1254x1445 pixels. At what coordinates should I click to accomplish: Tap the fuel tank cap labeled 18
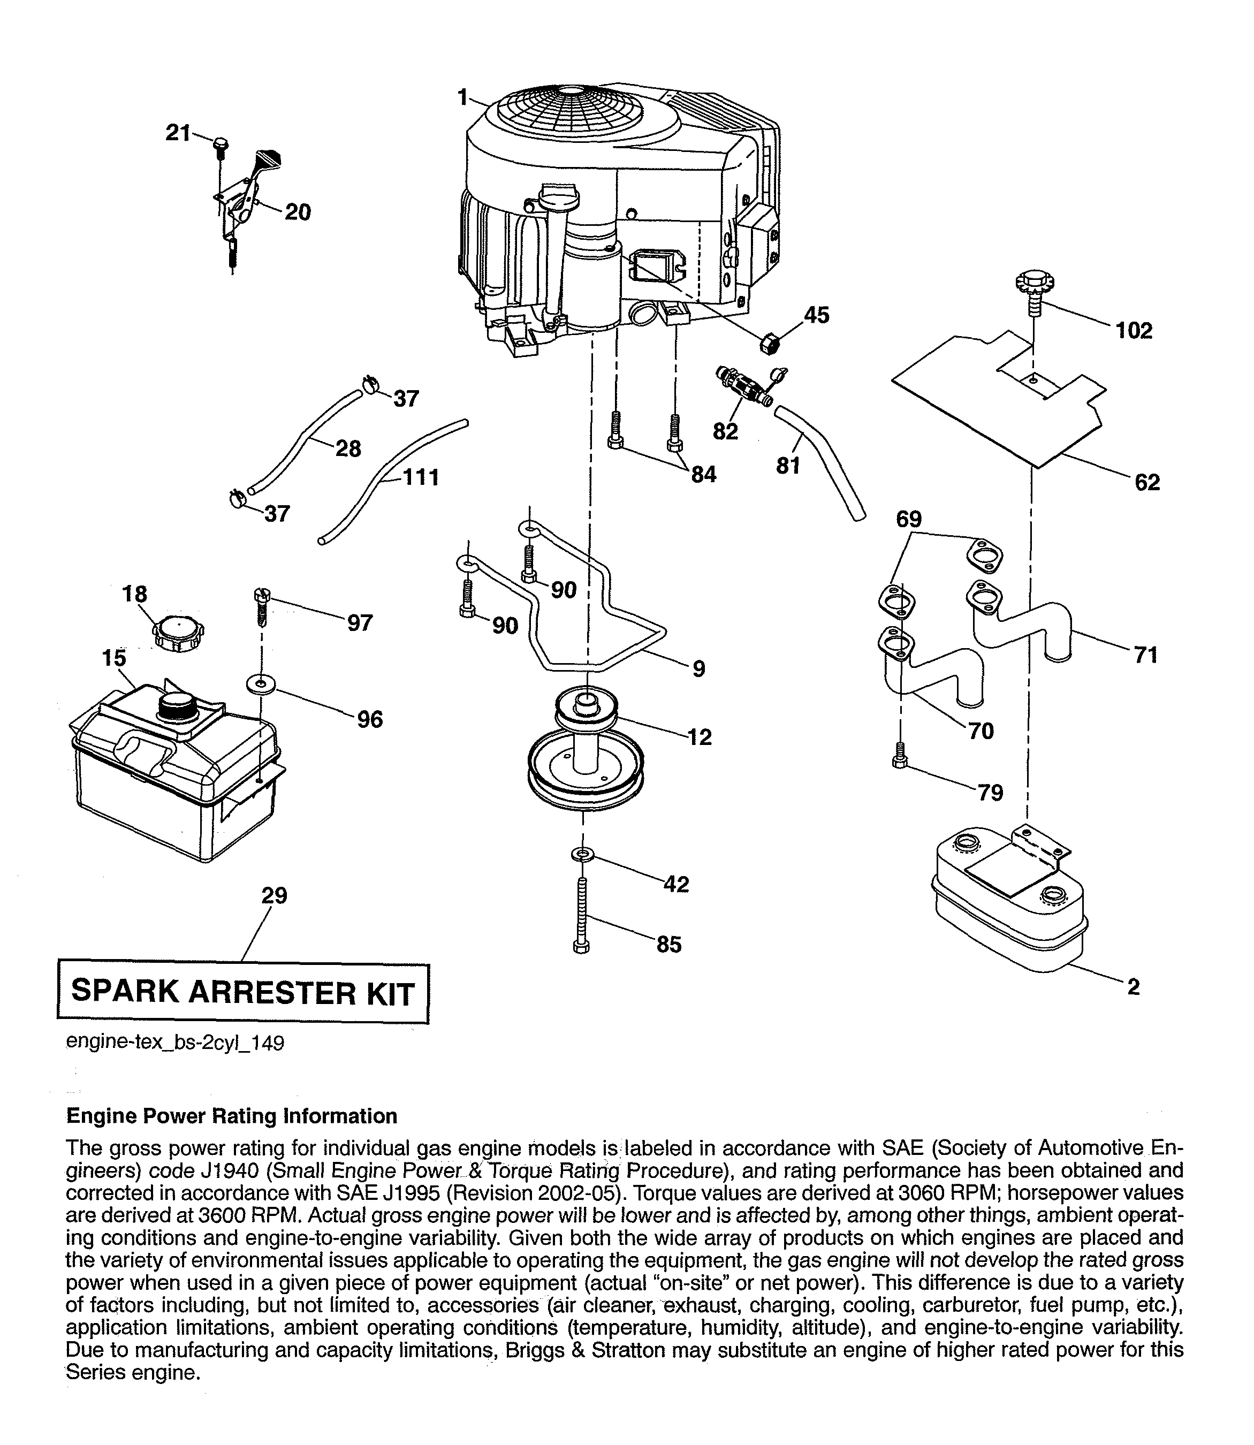tap(178, 633)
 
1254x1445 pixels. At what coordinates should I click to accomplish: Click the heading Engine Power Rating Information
tap(231, 1115)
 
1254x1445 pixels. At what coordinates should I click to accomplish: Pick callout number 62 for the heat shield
tap(1147, 482)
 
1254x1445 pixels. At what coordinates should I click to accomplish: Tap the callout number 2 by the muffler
tap(1133, 987)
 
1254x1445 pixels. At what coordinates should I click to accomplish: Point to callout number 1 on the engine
tap(462, 97)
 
